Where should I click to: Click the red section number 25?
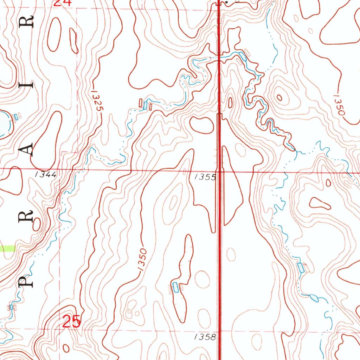click(72, 321)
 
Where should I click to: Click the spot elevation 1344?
click(46, 174)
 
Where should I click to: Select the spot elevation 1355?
click(205, 178)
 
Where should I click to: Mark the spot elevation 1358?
click(205, 337)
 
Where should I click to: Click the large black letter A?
click(27, 149)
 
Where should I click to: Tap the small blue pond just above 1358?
click(175, 287)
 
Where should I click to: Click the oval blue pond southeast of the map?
click(314, 298)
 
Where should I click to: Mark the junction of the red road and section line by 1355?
click(220, 172)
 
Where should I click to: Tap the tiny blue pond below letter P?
click(11, 307)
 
